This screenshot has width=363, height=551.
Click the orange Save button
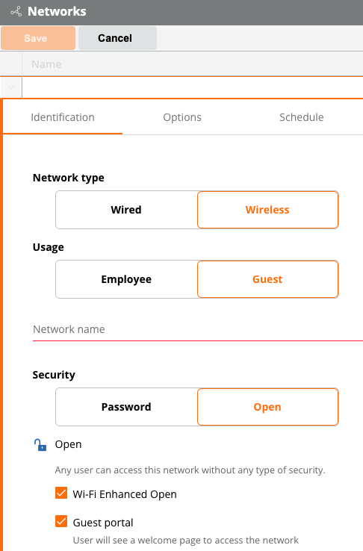[x=38, y=38]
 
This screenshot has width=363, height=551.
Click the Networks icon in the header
[x=16, y=12]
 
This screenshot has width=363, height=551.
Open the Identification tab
[x=63, y=117]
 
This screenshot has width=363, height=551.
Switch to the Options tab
[x=182, y=117]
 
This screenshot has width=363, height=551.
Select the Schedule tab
[x=302, y=117]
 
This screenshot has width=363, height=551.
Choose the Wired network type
[x=126, y=210]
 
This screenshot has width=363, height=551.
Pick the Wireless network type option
[x=268, y=210]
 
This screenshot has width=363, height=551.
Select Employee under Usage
[x=126, y=279]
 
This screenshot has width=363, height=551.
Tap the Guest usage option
[x=268, y=279]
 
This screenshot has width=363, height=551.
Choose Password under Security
[x=126, y=407]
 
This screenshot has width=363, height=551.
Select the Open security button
[x=268, y=407]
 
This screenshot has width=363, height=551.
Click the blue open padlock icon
[x=40, y=445]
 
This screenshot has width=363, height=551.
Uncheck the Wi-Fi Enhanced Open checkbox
[x=61, y=493]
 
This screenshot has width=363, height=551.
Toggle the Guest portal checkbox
[x=61, y=521]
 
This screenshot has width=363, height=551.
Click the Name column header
[x=46, y=64]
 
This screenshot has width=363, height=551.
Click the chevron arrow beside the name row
[x=11, y=87]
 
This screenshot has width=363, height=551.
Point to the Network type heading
[x=69, y=178]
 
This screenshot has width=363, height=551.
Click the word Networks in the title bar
[x=57, y=12]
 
